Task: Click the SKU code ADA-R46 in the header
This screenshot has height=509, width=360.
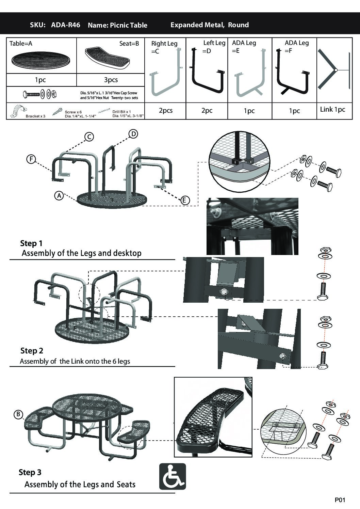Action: pyautogui.click(x=65, y=25)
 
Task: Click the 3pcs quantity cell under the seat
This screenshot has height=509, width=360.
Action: pyautogui.click(x=111, y=80)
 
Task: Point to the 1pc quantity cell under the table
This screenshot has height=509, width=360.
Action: pyautogui.click(x=40, y=80)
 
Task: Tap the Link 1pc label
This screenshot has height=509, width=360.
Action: pyautogui.click(x=332, y=110)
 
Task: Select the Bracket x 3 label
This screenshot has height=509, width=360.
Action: pyautogui.click(x=35, y=116)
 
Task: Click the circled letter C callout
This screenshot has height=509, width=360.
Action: pyautogui.click(x=89, y=137)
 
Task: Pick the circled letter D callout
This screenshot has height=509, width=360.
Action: pyautogui.click(x=133, y=134)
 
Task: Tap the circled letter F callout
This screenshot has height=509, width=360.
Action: pyautogui.click(x=31, y=159)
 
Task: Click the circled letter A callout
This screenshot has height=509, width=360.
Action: pyautogui.click(x=59, y=196)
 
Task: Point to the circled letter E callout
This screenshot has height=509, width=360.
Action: pyautogui.click(x=184, y=200)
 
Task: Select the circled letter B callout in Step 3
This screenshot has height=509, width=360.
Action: pyautogui.click(x=18, y=414)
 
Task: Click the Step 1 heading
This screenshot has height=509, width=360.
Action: pyautogui.click(x=31, y=243)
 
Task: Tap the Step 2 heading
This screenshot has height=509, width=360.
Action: pyautogui.click(x=32, y=351)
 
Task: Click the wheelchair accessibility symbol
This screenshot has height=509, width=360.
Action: pyautogui.click(x=173, y=476)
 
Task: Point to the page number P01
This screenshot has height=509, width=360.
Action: pyautogui.click(x=340, y=500)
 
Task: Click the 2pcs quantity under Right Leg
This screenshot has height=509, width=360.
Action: pyautogui.click(x=166, y=111)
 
